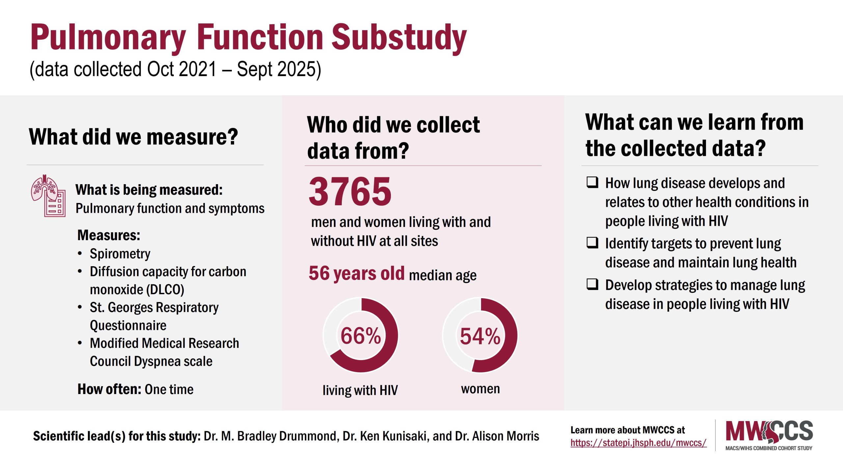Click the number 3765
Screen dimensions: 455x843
click(x=350, y=192)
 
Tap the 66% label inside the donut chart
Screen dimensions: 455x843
click(x=361, y=336)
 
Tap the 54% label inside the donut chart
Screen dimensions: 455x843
click(x=480, y=336)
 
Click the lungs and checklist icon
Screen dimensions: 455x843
click(x=48, y=196)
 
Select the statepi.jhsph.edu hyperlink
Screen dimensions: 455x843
click(x=638, y=443)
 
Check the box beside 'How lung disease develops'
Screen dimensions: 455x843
click(x=592, y=182)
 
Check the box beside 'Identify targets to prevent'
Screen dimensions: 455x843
click(x=592, y=242)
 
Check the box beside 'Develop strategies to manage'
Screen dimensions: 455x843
click(x=592, y=284)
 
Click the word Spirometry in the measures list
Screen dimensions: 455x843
click(x=120, y=254)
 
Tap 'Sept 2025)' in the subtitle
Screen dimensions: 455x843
click(x=279, y=69)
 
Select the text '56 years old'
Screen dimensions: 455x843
click(x=356, y=273)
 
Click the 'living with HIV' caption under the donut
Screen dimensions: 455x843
click(x=360, y=390)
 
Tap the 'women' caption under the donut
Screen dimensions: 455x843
click(x=480, y=389)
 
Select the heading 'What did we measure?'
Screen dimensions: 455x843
click(x=133, y=137)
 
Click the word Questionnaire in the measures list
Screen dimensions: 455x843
click(x=128, y=326)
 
